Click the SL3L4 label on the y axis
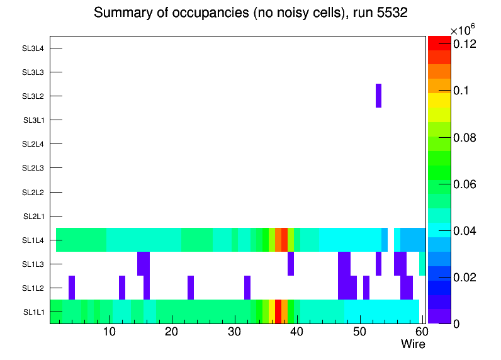point(33,48)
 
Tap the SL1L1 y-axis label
point(34,312)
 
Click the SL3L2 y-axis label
point(33,96)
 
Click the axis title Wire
point(414,344)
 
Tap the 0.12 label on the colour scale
point(466,44)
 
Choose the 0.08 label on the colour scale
point(466,138)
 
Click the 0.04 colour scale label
point(466,231)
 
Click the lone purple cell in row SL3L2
point(379,96)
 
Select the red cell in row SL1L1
point(278,312)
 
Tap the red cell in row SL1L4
point(284,240)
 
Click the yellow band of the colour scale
point(439,99)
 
